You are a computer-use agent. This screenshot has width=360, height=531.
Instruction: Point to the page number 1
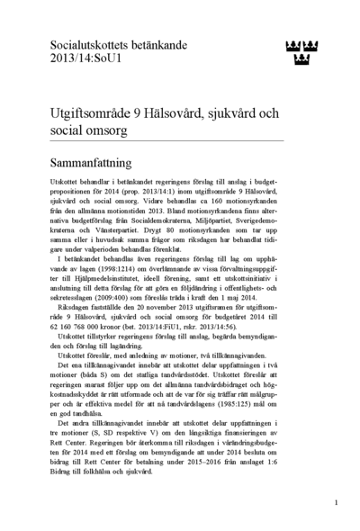336,503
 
